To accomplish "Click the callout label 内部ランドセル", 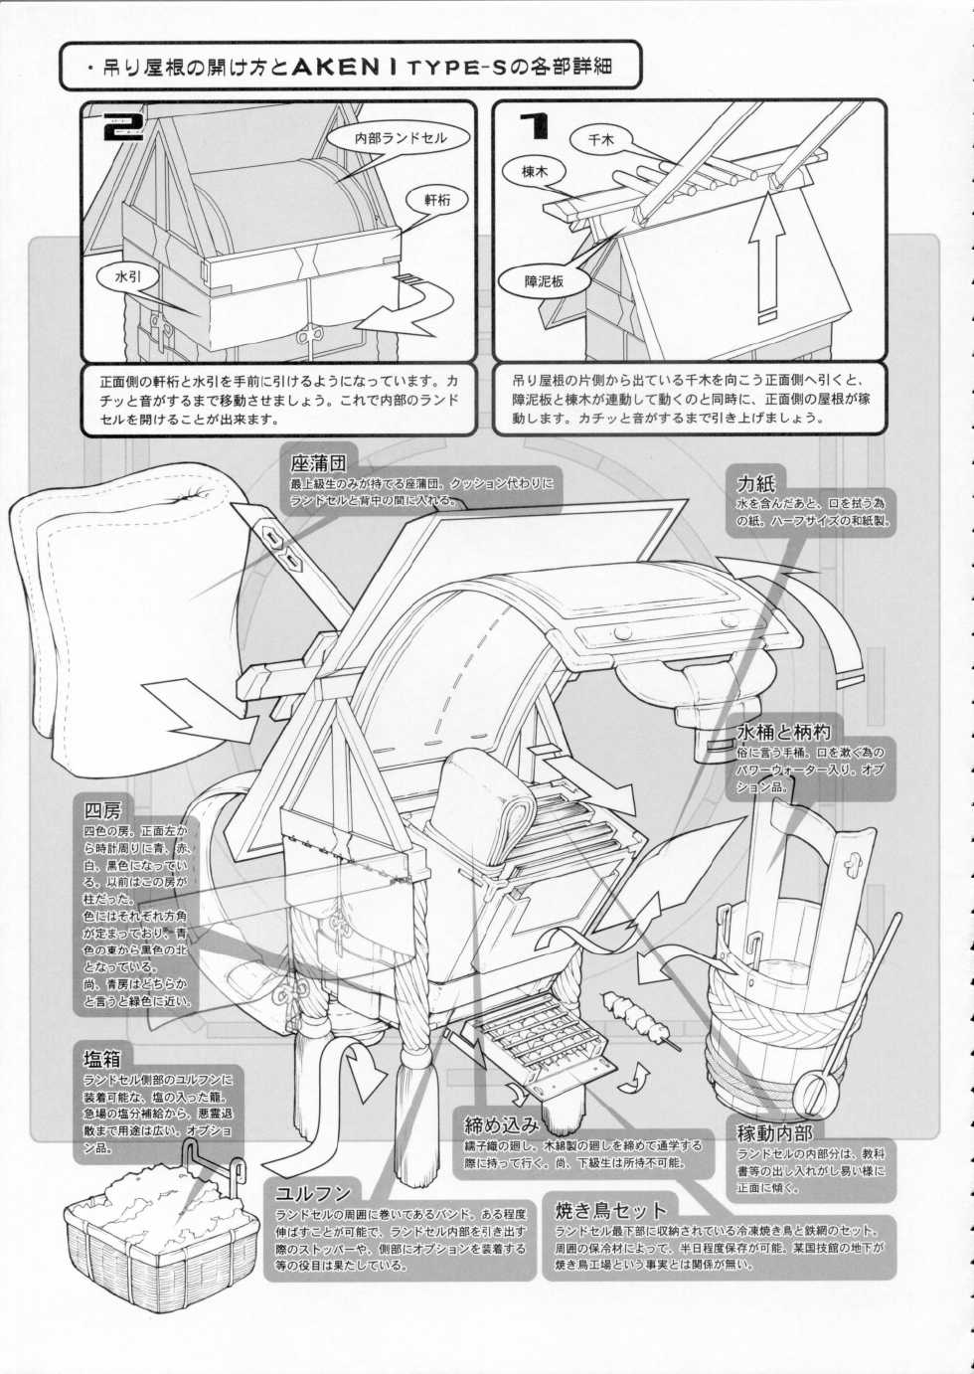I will [401, 139].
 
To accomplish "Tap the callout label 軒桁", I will [437, 200].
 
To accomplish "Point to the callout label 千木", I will [601, 140].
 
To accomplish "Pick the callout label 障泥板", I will [545, 281].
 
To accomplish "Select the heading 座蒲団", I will [317, 463].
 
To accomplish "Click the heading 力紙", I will [756, 483].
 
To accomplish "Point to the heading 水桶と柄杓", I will [776, 731].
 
